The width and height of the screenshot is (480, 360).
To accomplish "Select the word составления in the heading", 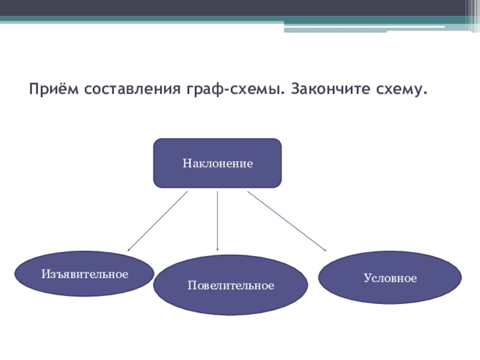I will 127,90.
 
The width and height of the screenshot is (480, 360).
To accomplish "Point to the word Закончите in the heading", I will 325,90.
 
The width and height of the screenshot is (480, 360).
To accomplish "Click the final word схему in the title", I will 397,90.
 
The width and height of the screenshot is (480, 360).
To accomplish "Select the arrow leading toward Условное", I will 286,220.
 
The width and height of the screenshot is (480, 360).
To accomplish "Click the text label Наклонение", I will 217,163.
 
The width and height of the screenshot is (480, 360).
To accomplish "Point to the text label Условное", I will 389,279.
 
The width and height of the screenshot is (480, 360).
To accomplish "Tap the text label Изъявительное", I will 85,274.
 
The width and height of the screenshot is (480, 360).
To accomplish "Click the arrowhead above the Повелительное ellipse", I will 217,249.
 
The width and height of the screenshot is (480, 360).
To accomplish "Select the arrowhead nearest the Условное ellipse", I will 324,249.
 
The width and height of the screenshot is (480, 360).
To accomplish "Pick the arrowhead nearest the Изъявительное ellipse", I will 130,248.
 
